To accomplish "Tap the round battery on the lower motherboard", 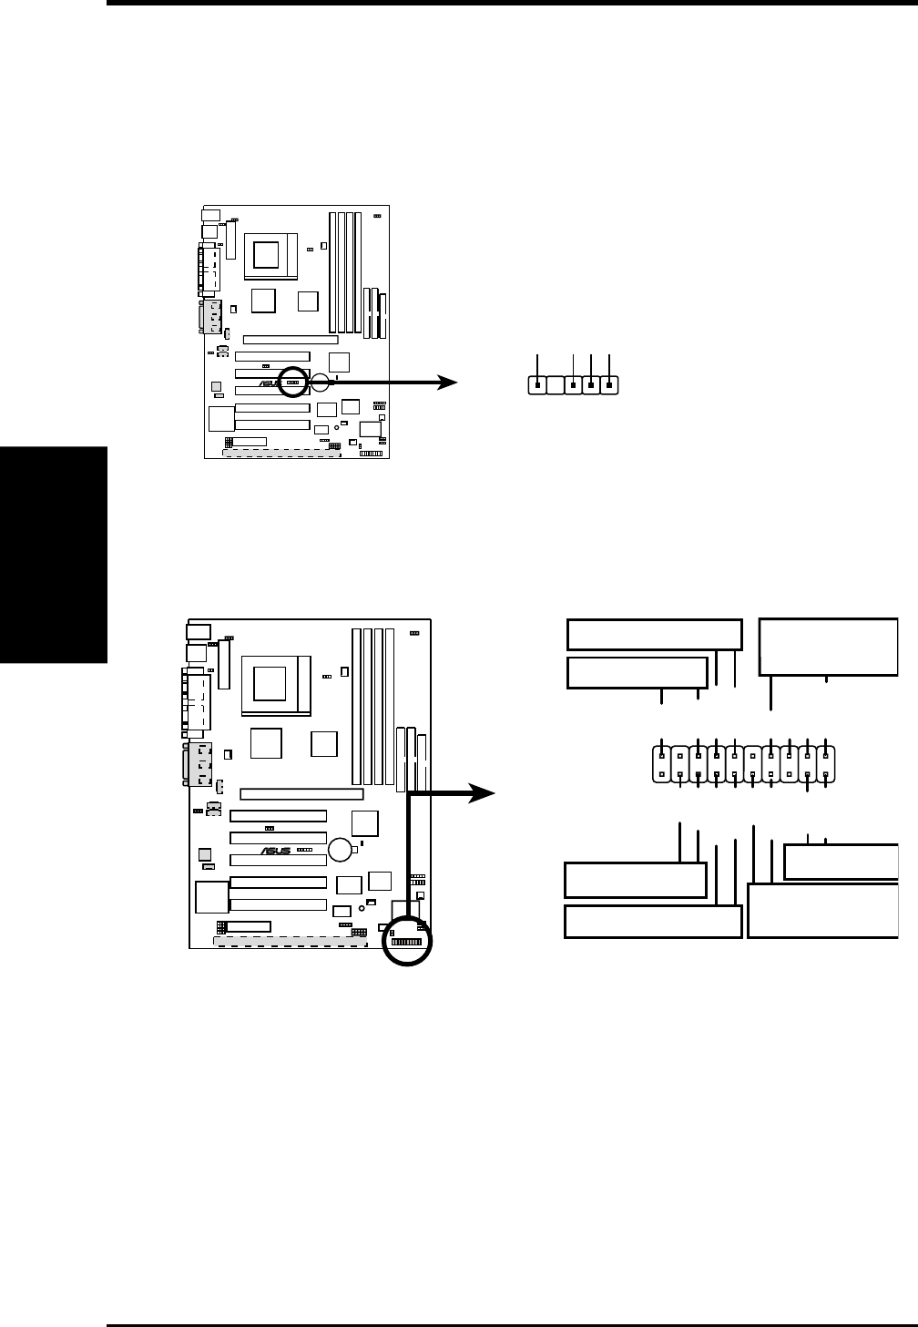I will coord(342,849).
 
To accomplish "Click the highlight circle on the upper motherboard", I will coord(293,383).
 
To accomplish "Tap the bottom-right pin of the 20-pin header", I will coord(825,775).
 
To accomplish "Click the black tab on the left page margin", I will coord(53,555).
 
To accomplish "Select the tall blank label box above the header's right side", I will coord(828,647).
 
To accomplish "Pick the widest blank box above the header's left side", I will coord(654,634).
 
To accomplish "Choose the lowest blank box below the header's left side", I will coord(652,921).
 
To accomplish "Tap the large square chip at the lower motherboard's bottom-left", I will coord(209,897).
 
